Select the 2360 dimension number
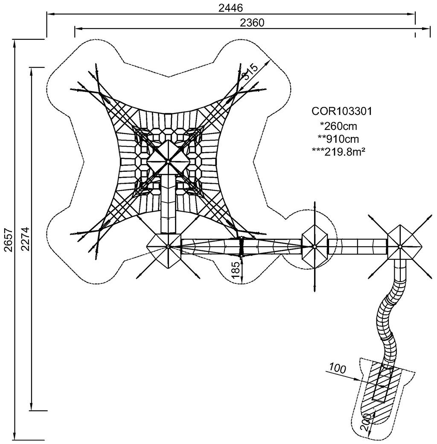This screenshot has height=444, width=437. [252, 23]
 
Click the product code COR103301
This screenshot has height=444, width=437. [342, 112]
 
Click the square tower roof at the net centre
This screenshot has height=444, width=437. [168, 161]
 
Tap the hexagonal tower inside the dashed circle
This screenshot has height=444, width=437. [314, 247]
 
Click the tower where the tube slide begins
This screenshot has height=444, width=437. [400, 246]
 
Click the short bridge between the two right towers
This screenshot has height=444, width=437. [357, 247]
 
